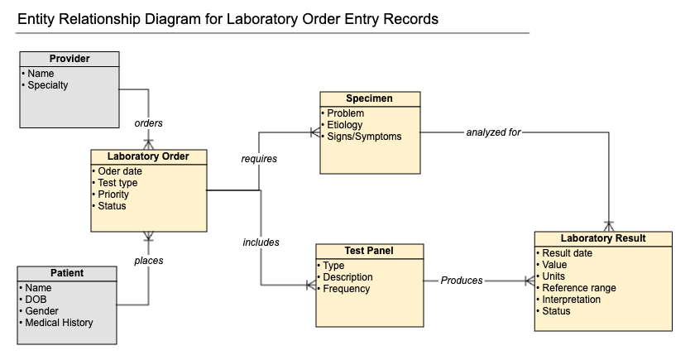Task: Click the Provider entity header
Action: (x=69, y=59)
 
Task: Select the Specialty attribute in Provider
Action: (x=47, y=85)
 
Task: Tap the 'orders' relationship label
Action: (x=148, y=123)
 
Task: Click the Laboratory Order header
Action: (x=148, y=156)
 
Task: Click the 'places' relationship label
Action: (x=149, y=261)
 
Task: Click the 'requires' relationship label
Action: (x=259, y=159)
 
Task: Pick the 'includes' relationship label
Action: (x=261, y=242)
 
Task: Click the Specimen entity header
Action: (x=369, y=98)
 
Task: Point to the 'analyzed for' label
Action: (x=493, y=132)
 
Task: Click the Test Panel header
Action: (x=369, y=251)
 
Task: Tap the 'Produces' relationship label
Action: (x=462, y=281)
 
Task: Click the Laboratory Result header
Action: (x=603, y=238)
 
